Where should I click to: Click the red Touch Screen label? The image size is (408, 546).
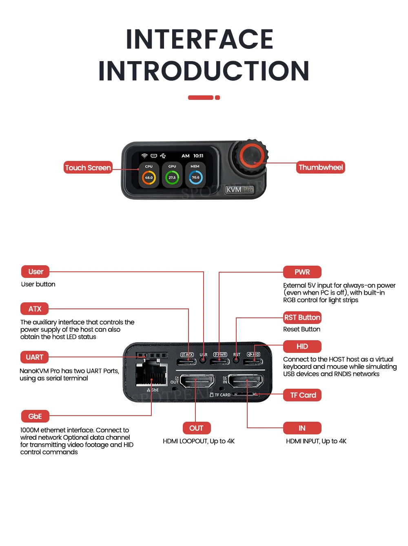pos(88,167)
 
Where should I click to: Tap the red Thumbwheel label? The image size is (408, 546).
pos(321,167)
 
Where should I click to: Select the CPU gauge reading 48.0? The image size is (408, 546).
pos(149,177)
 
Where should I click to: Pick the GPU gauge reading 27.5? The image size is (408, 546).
pos(172,177)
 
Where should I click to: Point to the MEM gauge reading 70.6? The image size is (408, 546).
pos(195,177)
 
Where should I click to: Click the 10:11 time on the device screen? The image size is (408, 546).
pos(198,156)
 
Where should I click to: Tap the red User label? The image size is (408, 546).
pos(35,272)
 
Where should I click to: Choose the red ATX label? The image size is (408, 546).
pos(35,309)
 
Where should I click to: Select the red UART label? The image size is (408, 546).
pos(35,357)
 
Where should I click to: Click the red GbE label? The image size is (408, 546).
pos(35,416)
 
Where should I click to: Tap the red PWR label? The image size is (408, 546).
pos(302,272)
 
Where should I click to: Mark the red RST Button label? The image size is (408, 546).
pos(302,317)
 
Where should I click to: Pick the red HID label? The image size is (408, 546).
pos(302,346)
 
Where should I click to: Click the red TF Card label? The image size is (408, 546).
pos(303,395)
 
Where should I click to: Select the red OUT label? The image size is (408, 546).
pos(196,428)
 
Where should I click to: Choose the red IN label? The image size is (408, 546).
pos(302,428)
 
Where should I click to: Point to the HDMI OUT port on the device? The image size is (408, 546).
pos(197,382)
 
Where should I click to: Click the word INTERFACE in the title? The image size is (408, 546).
pos(200,39)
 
